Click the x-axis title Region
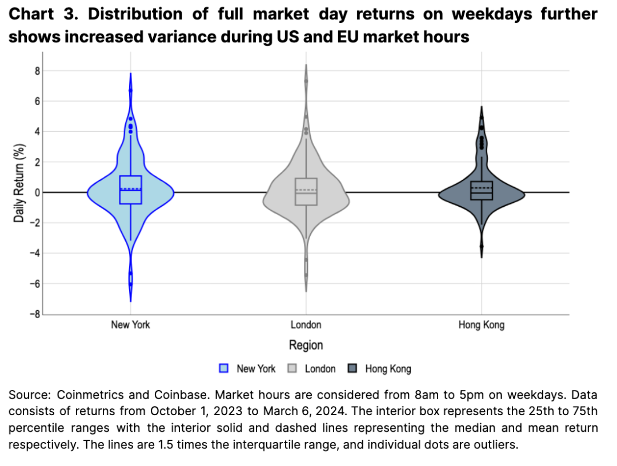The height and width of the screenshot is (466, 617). [x=306, y=345]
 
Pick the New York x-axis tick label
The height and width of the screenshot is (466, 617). [x=131, y=325]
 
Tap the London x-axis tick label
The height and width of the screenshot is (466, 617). [x=306, y=325]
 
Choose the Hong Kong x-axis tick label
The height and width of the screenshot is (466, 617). [x=481, y=325]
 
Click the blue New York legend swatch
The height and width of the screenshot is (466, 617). [x=224, y=369]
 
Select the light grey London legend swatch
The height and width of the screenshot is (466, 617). [x=292, y=369]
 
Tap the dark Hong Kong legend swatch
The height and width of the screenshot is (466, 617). [x=353, y=369]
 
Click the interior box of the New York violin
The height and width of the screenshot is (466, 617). [x=131, y=190]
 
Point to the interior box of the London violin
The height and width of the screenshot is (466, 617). [x=306, y=191]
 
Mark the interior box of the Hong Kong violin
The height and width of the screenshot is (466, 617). [x=481, y=190]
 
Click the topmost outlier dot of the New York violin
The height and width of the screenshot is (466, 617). [x=131, y=90]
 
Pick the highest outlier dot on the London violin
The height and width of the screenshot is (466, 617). [x=306, y=81]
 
